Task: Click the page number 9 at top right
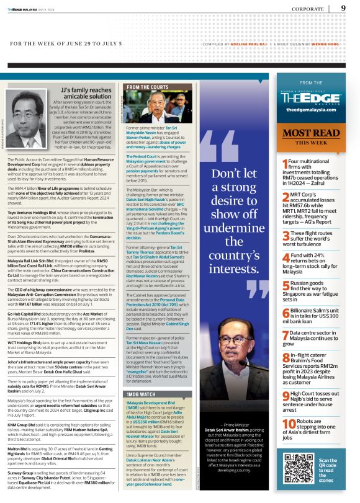[343, 8]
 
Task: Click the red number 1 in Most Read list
[285, 163]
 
